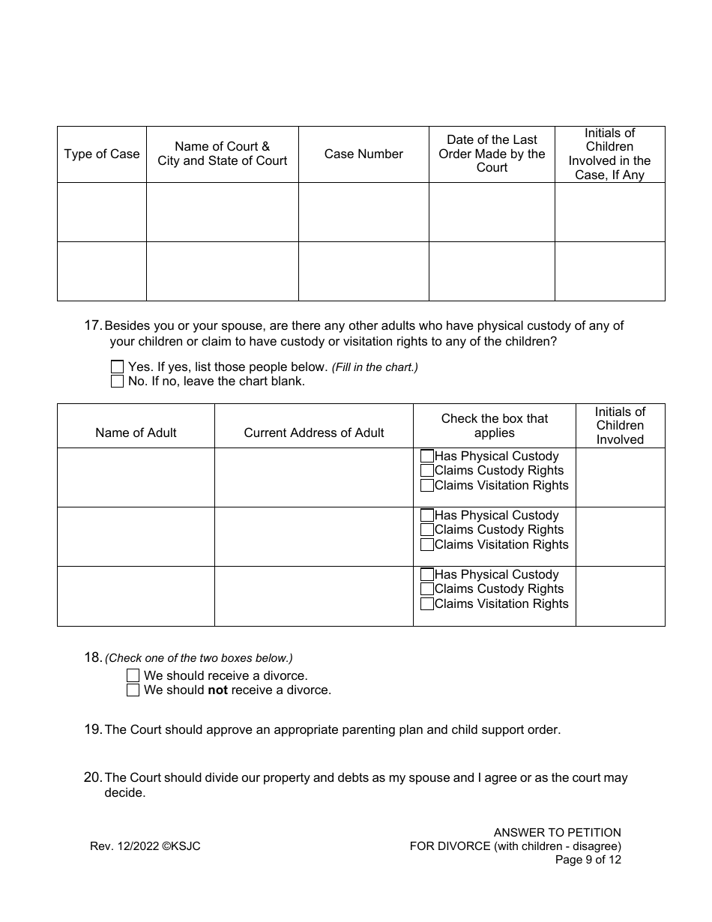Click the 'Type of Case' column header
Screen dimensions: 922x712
click(102, 154)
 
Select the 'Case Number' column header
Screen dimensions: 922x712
click(363, 154)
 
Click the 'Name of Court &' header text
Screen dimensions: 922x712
click(222, 147)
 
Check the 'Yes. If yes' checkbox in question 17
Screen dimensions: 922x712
click(117, 367)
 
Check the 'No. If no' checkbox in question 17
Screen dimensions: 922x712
click(117, 382)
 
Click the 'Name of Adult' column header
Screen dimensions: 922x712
click(136, 433)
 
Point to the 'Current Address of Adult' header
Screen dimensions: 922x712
click(313, 433)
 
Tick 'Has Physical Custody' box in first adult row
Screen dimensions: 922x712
click(427, 456)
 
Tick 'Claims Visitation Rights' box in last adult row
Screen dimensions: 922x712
click(427, 603)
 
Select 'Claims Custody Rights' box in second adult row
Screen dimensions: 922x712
click(427, 530)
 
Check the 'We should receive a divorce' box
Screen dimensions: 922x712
click(133, 675)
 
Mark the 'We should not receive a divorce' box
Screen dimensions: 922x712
click(133, 690)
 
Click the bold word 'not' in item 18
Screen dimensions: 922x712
click(217, 690)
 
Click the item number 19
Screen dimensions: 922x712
click(92, 729)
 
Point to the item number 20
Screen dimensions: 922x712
click(92, 777)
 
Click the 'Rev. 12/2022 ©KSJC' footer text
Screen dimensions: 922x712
click(145, 846)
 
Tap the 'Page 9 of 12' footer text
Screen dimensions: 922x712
click(588, 860)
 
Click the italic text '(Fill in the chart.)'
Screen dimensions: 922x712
click(375, 367)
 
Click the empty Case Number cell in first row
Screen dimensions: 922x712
click(363, 212)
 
